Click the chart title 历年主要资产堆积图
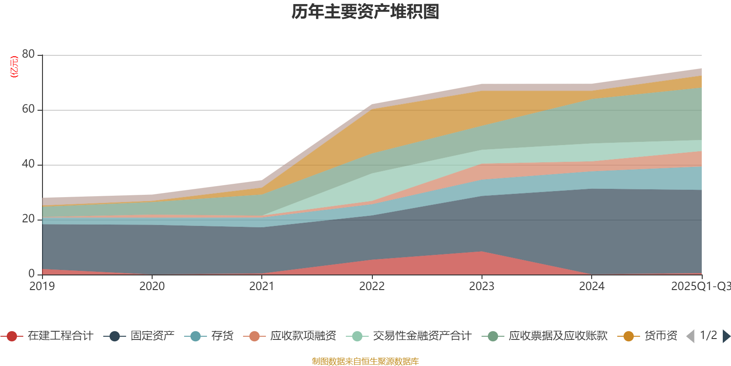pos(365,12)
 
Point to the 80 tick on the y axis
pos(28,54)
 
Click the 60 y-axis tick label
pos(28,109)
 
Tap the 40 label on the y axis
pos(28,164)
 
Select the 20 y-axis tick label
pos(28,219)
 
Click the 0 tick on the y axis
pos(32,274)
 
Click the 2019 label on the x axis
pos(42,286)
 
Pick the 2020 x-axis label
pos(152,286)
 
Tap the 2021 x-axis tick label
pos(262,286)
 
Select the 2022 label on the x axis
pos(372,286)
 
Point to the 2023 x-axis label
pos(482,286)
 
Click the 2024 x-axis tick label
pos(592,286)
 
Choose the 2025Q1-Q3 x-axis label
pos(700,286)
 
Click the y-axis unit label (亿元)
pos(14,67)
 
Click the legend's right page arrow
pos(726,336)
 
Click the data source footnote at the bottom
pos(365,361)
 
